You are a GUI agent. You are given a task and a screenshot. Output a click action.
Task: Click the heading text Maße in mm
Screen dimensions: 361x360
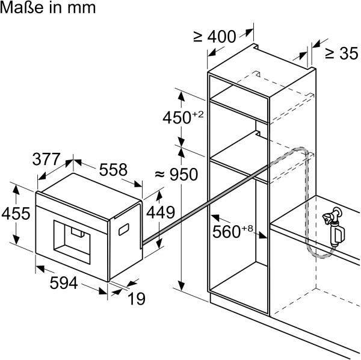coord(48,7)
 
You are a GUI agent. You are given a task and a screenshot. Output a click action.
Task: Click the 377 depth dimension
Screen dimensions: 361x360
coord(46,159)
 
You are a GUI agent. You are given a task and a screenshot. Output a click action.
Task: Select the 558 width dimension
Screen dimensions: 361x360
coord(113,170)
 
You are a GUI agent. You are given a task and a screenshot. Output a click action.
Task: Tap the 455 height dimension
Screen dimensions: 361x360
coord(16,213)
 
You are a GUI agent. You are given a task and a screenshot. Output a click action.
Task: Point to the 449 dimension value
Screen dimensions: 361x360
coord(161,212)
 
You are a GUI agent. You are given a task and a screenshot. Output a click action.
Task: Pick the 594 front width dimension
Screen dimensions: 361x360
coord(64,283)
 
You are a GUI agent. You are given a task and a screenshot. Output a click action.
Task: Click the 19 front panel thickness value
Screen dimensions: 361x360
coord(137,299)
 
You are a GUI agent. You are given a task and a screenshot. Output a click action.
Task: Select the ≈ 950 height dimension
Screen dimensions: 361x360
coord(176,175)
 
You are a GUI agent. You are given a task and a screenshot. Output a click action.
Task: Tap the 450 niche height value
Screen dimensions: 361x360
coord(177,117)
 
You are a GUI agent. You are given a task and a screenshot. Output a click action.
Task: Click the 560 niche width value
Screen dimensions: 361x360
coord(227,232)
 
